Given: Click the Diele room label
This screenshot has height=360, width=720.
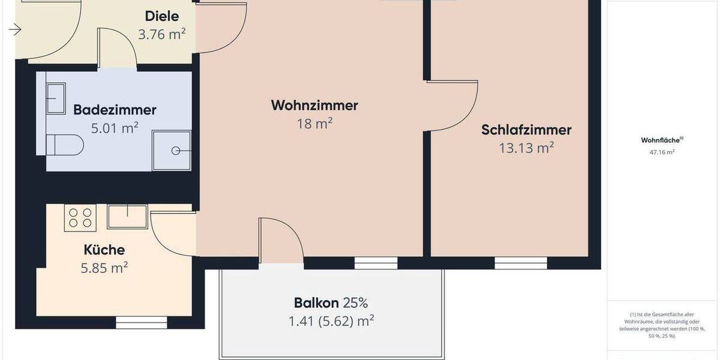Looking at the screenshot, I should (x=162, y=16).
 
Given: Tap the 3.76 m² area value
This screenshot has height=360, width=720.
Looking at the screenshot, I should (x=161, y=34).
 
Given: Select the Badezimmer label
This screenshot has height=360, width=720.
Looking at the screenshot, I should (x=115, y=110).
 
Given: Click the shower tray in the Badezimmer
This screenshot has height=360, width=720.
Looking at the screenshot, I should (x=172, y=150).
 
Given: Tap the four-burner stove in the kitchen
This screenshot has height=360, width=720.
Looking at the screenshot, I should (x=80, y=217).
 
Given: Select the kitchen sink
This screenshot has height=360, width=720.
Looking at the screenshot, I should (x=127, y=217).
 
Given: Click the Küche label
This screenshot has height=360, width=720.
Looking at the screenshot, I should (x=104, y=250).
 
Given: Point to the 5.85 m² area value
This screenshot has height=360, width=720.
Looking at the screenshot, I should (x=104, y=268).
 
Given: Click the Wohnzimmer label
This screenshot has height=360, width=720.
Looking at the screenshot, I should (x=314, y=106).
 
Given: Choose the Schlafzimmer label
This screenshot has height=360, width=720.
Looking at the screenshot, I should (x=526, y=130).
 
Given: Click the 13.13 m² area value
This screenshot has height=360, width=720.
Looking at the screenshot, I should (x=526, y=148).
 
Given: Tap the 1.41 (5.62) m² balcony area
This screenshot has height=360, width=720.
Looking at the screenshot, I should (x=331, y=321).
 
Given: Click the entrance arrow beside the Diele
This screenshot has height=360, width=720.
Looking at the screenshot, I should (x=15, y=29).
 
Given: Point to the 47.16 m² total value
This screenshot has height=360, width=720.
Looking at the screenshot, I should (x=662, y=152).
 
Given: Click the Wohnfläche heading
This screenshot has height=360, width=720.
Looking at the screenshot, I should (x=662, y=140).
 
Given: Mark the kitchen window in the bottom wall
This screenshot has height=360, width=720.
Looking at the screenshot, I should (x=133, y=323).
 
